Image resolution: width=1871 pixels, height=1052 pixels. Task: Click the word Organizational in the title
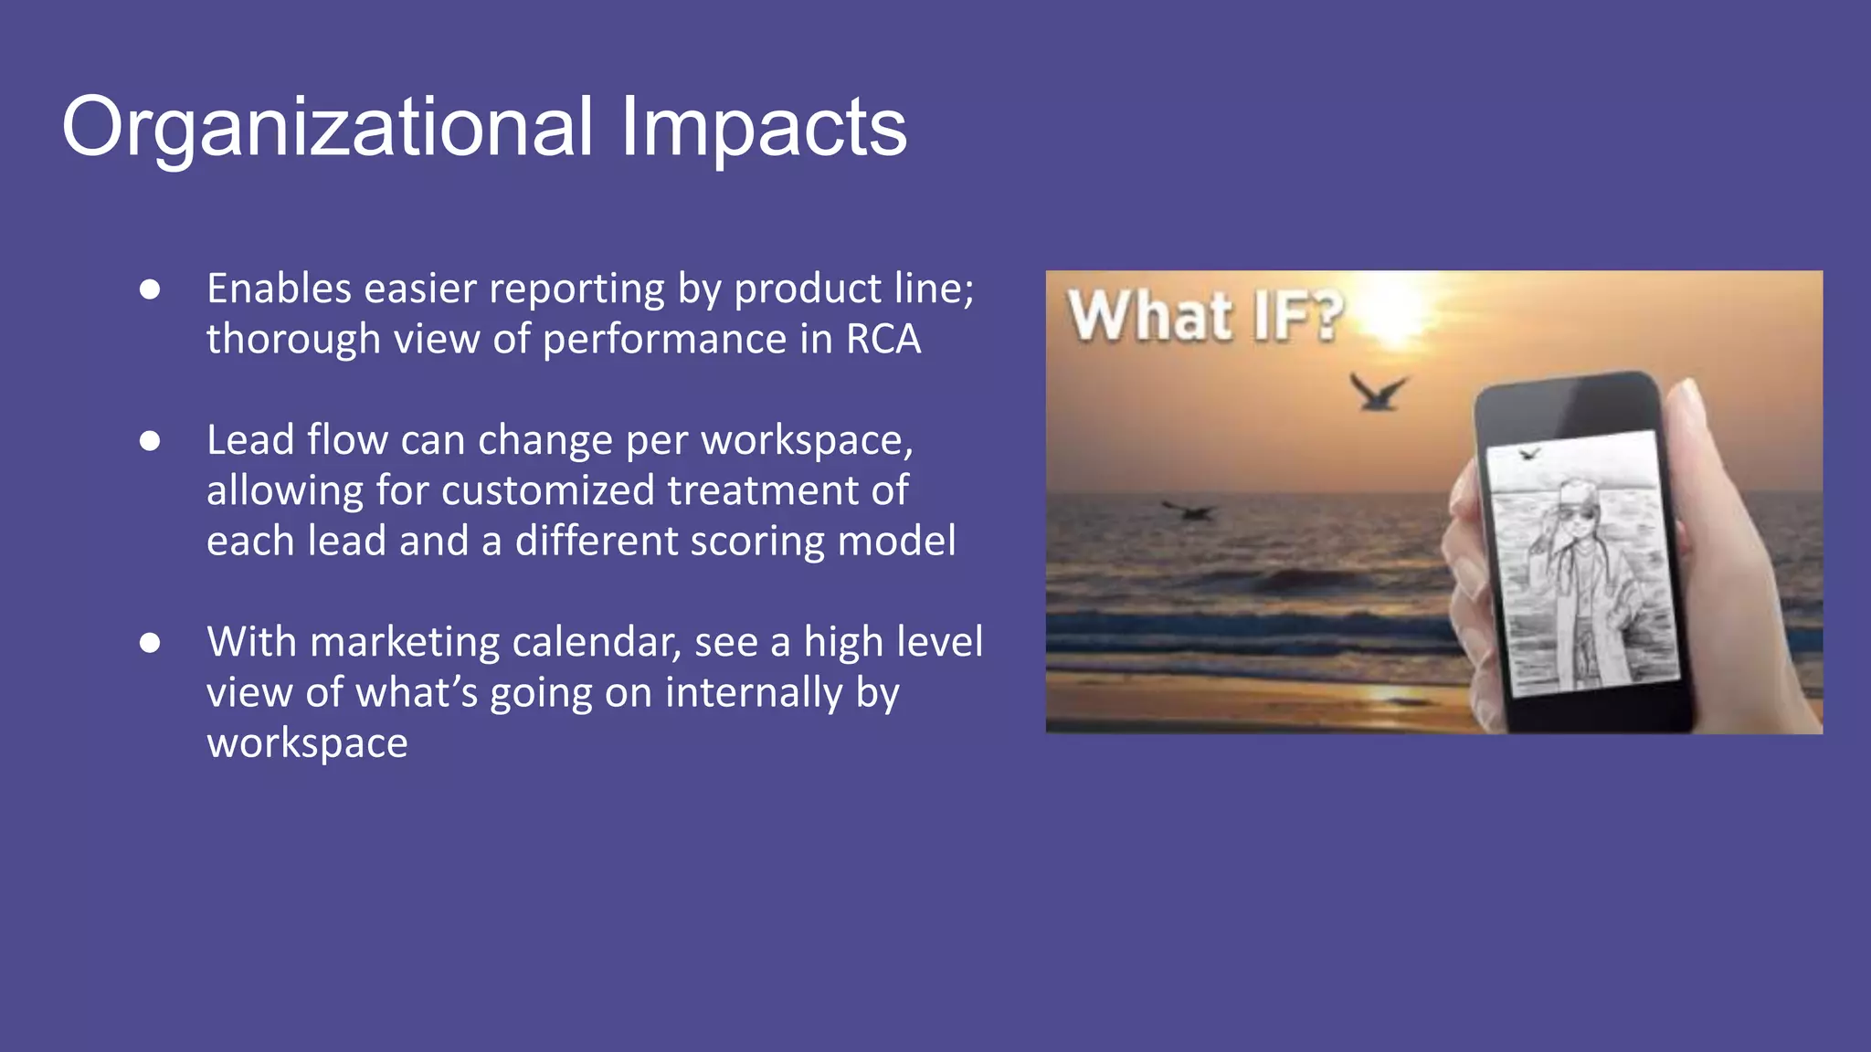coord(327,128)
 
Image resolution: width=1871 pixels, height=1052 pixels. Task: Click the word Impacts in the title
coord(763,128)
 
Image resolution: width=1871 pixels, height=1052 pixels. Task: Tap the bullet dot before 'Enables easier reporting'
coord(150,289)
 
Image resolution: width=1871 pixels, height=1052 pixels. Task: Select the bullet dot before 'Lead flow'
coord(150,441)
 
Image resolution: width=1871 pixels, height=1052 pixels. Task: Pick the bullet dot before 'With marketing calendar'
coord(150,643)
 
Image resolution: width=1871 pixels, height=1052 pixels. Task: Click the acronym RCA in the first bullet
coord(883,339)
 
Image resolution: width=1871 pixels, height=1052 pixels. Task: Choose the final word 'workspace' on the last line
coord(307,742)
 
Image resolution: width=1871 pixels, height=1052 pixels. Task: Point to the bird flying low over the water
coord(1189,510)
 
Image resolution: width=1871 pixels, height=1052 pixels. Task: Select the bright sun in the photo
coord(1398,306)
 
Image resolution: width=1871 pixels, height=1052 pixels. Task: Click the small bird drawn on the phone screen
coord(1528,453)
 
